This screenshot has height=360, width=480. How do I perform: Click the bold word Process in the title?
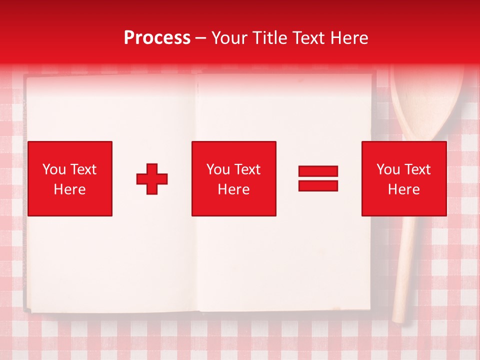(157, 38)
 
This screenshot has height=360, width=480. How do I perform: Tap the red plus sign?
(152, 178)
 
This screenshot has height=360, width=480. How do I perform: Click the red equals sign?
(318, 178)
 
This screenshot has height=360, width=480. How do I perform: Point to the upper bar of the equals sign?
(318, 171)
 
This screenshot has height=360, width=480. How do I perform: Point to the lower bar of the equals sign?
(318, 185)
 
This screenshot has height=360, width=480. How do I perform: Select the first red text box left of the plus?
(70, 178)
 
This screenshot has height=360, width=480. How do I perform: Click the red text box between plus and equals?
(233, 178)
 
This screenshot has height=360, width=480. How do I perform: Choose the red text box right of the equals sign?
(403, 178)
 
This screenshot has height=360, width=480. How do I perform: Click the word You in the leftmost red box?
(53, 169)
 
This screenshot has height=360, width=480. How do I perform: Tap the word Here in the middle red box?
(233, 189)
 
